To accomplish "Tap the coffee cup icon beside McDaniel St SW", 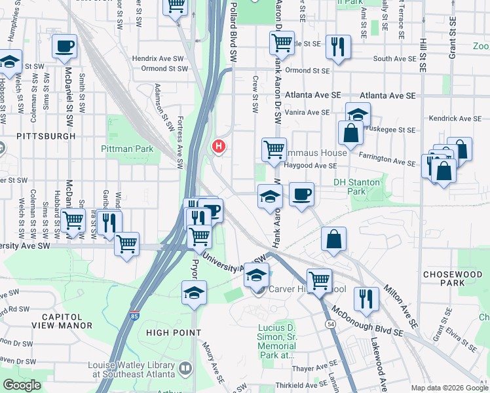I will coord(64,47).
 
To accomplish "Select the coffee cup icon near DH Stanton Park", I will coord(301,195).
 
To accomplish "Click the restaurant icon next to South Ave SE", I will coord(338,47).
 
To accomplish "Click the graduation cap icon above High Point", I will coord(195,293).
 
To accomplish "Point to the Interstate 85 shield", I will coord(134,316).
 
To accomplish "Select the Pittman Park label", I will coord(127,149).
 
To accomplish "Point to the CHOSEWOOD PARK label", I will coord(452,278).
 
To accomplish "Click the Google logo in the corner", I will coord(22,385).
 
